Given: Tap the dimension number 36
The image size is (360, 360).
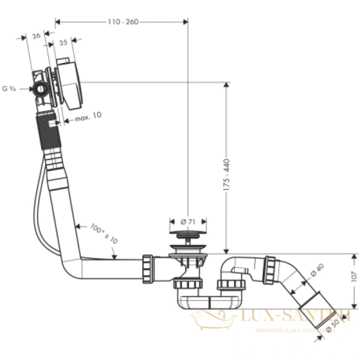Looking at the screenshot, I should pyautogui.click(x=35, y=36).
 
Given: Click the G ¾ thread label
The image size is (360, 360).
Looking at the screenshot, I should pyautogui.click(x=9, y=89).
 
